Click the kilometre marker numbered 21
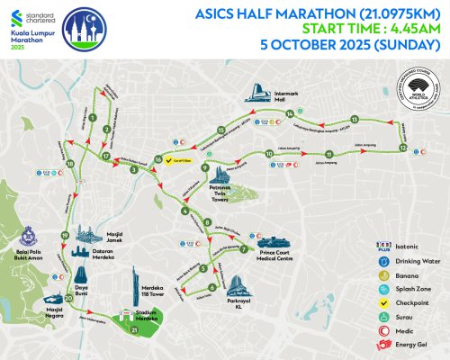[134, 329]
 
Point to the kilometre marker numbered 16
[158, 159]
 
